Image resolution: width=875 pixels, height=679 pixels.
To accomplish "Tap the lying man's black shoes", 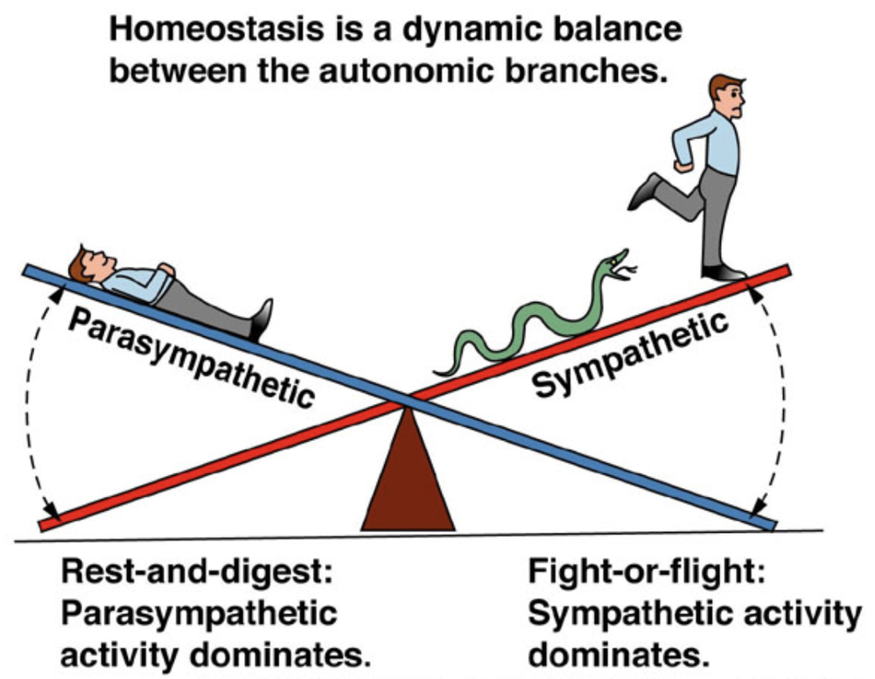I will pos(261,319).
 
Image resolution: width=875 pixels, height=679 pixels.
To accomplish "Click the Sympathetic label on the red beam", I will pos(631,353).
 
